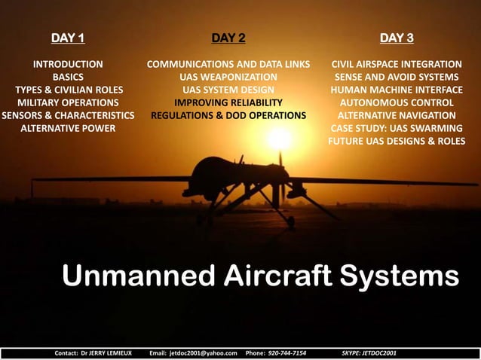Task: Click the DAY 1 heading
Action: (67, 37)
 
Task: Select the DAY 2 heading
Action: (228, 37)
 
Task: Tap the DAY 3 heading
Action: (397, 37)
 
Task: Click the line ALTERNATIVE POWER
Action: (67, 128)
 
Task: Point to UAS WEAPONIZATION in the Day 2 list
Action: (228, 77)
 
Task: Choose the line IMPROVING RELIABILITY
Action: (228, 102)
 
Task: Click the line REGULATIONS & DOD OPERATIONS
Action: (228, 115)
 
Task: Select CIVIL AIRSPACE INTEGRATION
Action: (397, 64)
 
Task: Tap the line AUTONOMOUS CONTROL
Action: (397, 102)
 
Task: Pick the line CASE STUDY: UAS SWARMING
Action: (397, 128)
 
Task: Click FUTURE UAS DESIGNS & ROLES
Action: (397, 141)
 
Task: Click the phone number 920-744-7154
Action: (286, 352)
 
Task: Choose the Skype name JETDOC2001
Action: (378, 352)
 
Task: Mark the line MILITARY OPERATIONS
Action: (67, 102)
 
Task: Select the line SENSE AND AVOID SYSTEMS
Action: (397, 77)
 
